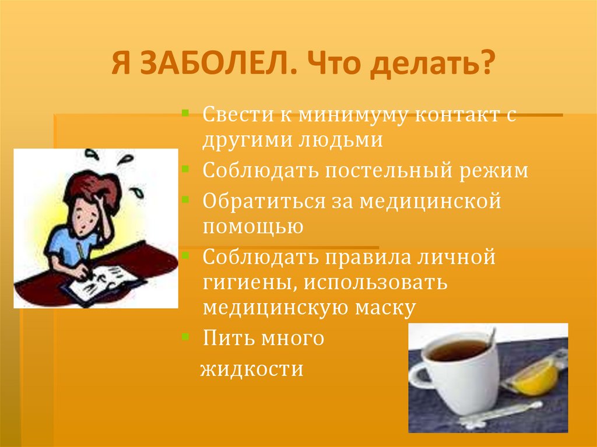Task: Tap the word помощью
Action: (253, 226)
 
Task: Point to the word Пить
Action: (224, 338)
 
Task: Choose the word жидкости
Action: (252, 369)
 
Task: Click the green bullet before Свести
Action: (184, 110)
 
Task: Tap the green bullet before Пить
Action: (184, 336)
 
